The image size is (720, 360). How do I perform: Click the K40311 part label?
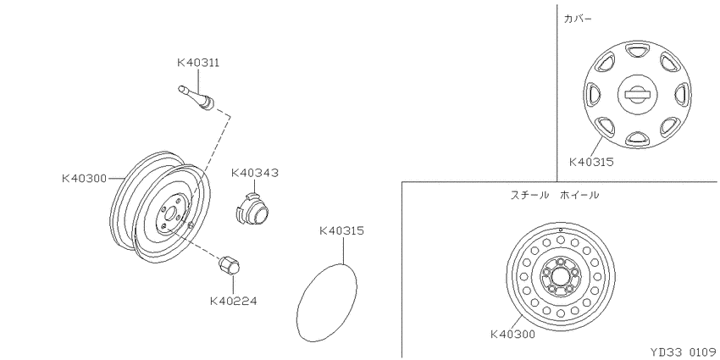coord(198,63)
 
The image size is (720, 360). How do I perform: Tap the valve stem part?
coord(197,97)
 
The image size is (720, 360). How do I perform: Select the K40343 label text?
coord(255,173)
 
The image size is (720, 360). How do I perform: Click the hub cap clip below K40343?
coord(252,209)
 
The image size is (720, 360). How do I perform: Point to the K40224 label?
coord(233,302)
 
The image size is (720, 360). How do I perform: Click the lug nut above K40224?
coord(230,266)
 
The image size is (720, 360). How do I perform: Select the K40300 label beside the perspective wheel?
coord(84,178)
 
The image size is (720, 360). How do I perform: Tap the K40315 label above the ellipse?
coord(341,230)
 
